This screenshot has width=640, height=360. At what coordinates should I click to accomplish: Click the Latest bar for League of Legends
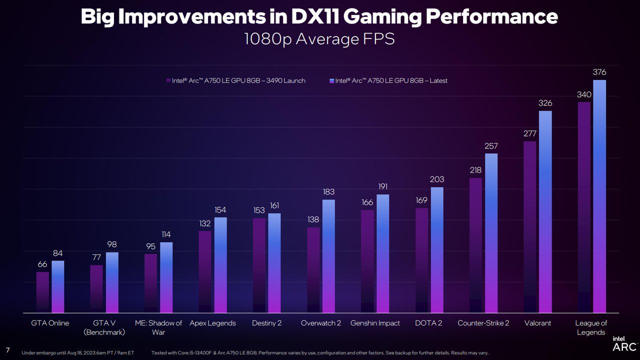point(599,196)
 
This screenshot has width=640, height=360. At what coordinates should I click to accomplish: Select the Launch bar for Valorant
point(529,227)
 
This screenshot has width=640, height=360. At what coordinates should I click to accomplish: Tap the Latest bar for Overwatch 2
point(328,256)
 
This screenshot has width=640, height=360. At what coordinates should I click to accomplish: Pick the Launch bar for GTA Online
point(42,292)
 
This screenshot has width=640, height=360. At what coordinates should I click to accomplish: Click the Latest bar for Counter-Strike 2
point(491,233)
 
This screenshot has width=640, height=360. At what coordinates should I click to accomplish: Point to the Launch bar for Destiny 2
point(259,265)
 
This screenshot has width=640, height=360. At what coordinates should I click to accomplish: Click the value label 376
point(599,72)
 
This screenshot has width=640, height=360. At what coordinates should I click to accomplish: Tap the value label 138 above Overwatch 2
point(313,219)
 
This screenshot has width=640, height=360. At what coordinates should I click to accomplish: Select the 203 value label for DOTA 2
point(437,179)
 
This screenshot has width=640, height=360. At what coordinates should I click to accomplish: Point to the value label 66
point(42,264)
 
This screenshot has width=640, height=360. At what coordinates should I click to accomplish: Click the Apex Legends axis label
point(212,323)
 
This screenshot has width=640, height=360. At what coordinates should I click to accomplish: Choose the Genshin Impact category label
point(375,323)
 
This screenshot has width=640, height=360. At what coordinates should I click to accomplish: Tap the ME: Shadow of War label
point(158,327)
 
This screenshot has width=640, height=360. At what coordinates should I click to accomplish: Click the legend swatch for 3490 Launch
point(168,80)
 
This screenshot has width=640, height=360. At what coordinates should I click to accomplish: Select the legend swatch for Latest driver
point(331,81)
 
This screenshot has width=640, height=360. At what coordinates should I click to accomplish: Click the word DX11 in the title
point(315,16)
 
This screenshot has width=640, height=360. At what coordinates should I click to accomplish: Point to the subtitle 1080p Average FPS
point(319,39)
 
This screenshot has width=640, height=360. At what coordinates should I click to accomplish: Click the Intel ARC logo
point(624,343)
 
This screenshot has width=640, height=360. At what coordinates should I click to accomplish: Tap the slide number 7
point(7,350)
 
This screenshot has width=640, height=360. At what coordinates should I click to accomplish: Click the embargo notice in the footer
point(77,353)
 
